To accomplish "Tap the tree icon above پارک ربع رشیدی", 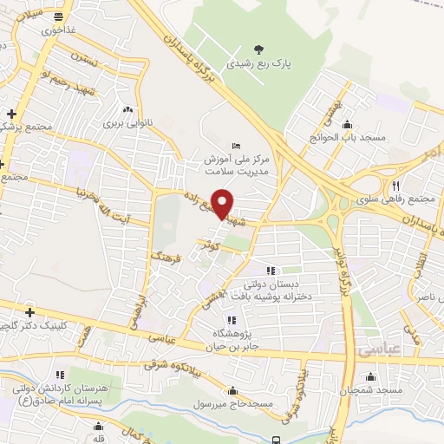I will click(258, 49).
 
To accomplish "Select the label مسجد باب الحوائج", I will click(343, 136).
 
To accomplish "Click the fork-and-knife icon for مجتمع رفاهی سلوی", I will click(395, 186).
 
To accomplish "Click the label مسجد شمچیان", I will click(372, 391).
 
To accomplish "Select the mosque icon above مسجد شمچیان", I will click(371, 376).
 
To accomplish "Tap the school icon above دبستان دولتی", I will click(271, 269).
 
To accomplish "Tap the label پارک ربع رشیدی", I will click(258, 64).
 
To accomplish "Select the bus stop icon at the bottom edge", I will click(276, 440).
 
